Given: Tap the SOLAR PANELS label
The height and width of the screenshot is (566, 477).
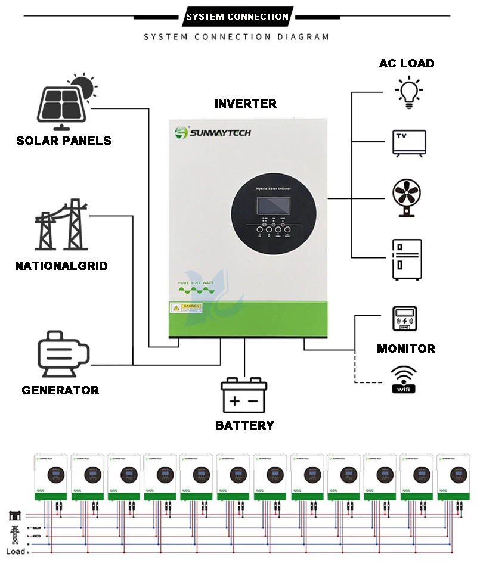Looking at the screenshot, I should [64, 141].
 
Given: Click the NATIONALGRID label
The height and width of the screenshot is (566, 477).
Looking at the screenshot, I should [61, 266].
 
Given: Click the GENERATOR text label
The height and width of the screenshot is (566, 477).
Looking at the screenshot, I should [60, 391].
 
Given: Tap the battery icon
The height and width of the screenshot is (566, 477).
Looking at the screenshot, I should [244, 396].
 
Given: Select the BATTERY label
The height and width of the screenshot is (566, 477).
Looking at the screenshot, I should [244, 425].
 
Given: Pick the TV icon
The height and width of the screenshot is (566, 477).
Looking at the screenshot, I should [409, 143].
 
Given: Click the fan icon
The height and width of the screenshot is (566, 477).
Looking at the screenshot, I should [408, 197].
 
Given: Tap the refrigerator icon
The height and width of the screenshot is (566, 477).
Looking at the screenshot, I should [407, 259].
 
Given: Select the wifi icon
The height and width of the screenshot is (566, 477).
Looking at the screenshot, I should [404, 380].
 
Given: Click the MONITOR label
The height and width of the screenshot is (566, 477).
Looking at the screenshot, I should [406, 349].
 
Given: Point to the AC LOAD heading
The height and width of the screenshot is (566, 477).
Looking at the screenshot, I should [407, 63].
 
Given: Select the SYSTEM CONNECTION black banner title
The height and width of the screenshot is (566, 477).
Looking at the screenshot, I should [237, 17].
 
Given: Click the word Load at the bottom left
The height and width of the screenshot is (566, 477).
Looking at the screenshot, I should [16, 551].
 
